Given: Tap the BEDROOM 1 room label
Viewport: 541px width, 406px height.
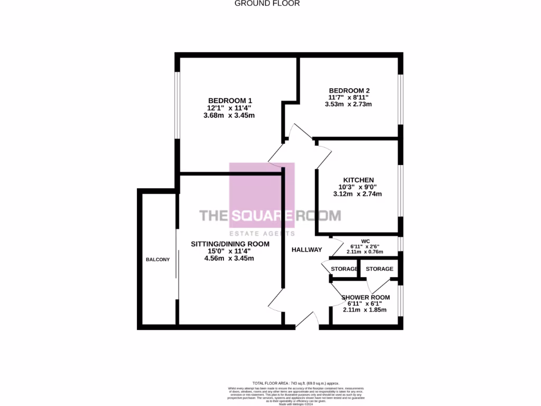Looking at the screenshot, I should pyautogui.click(x=230, y=100).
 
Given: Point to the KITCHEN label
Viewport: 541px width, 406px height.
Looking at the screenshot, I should pyautogui.click(x=358, y=180).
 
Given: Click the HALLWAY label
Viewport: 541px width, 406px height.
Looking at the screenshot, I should pyautogui.click(x=306, y=250).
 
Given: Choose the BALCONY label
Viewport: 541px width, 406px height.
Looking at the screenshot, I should pyautogui.click(x=158, y=259).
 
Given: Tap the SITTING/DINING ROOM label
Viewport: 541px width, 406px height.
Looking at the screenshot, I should pyautogui.click(x=230, y=244).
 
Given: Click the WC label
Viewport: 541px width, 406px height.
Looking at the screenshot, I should pyautogui.click(x=365, y=240).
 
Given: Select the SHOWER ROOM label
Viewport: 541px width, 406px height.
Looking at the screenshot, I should pyautogui.click(x=366, y=297).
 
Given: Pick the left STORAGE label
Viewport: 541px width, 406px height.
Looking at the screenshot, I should pyautogui.click(x=344, y=269).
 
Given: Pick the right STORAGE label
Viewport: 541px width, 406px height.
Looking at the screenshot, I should pyautogui.click(x=379, y=269).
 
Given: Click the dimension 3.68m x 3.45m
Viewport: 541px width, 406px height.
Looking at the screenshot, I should pyautogui.click(x=229, y=115).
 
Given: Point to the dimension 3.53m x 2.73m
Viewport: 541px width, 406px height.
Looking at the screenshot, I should pyautogui.click(x=348, y=104).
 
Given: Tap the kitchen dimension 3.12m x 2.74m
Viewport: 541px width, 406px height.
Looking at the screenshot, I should pyautogui.click(x=358, y=194).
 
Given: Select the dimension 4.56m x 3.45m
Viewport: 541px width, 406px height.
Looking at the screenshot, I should pyautogui.click(x=230, y=259).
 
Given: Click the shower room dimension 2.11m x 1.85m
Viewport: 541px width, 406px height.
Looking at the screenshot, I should pyautogui.click(x=365, y=310).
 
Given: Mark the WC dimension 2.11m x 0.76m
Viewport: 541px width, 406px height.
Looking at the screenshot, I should pyautogui.click(x=365, y=252).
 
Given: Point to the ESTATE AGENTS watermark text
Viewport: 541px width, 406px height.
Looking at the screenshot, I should pyautogui.click(x=262, y=233).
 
